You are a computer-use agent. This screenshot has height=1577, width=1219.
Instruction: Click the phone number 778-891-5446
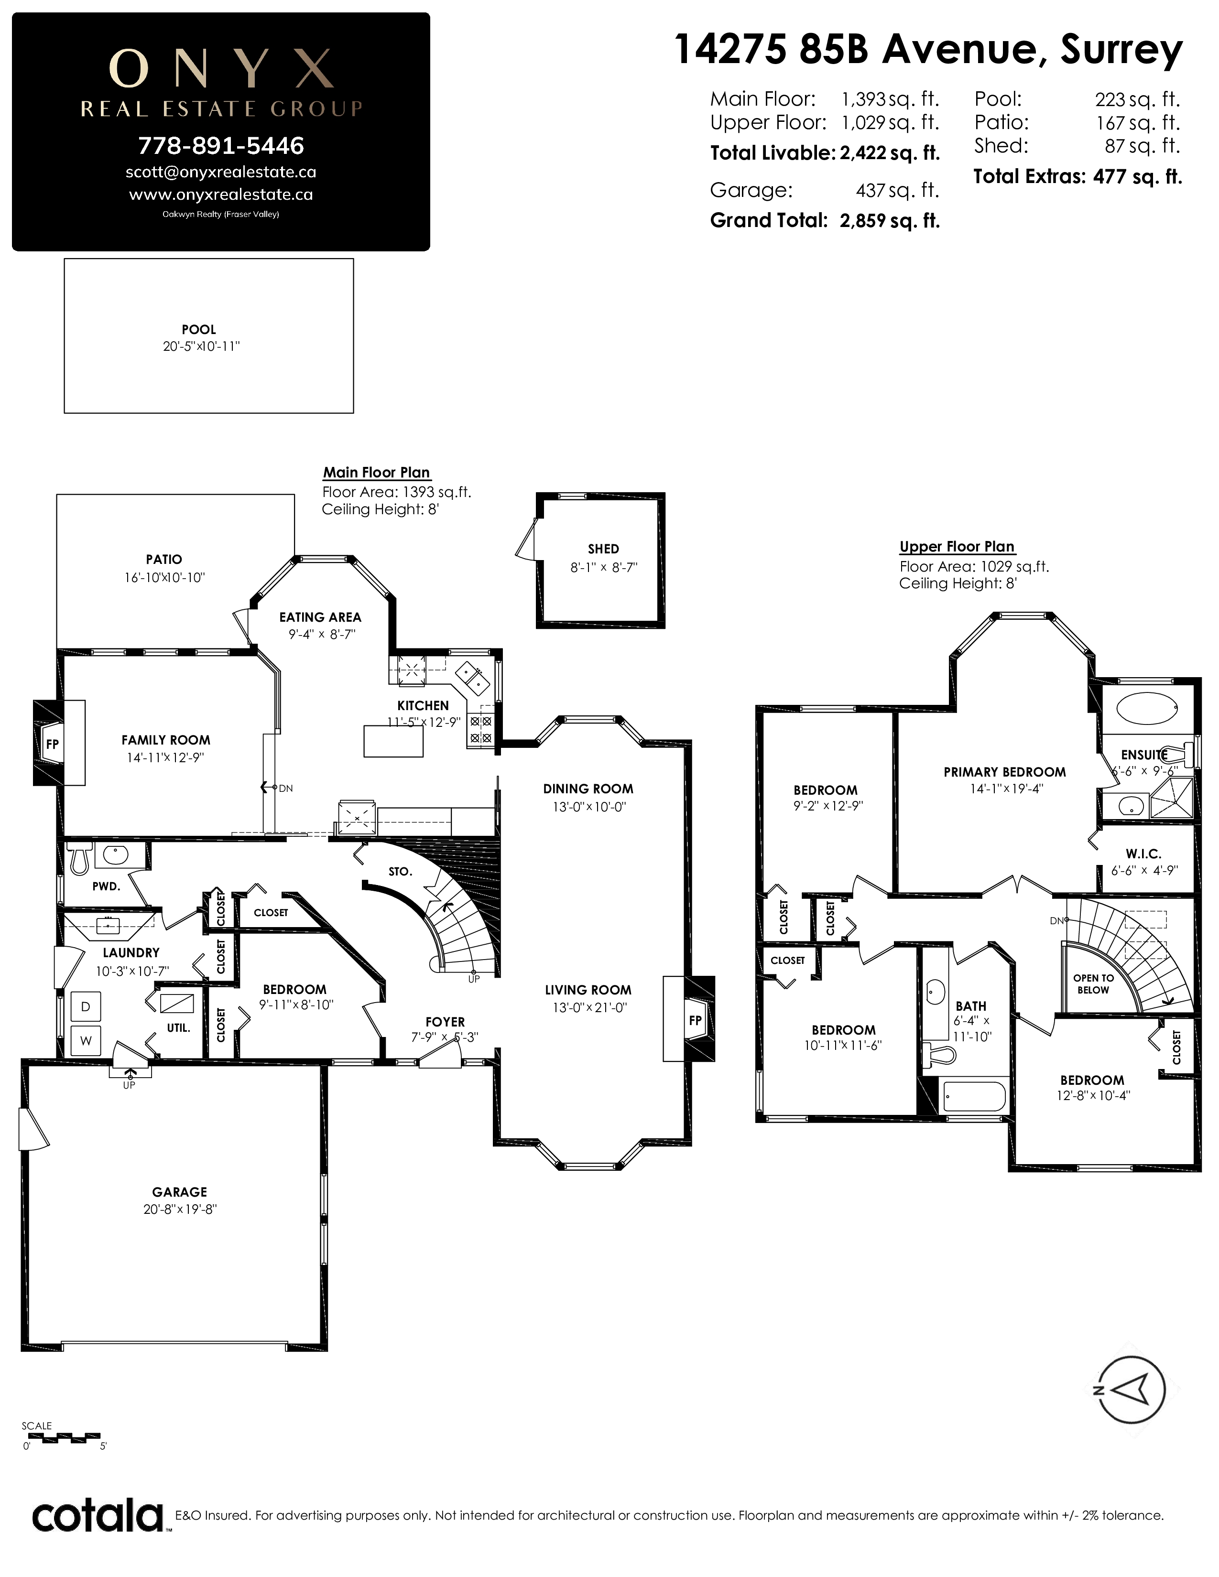(221, 146)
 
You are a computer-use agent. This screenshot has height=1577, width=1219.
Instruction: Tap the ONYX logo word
(221, 69)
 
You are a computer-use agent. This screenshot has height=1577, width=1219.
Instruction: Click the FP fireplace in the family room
(53, 743)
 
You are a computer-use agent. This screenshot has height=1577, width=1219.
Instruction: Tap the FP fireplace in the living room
(695, 1020)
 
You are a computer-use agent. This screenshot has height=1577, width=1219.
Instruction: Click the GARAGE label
(180, 1192)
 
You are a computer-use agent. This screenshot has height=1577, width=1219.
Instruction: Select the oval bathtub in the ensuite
(1147, 705)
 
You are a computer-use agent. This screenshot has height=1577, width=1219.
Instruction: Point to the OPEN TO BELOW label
(1093, 983)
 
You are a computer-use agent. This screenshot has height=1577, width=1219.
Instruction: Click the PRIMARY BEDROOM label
(1004, 772)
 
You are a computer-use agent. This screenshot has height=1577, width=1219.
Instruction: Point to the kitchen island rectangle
(393, 741)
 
